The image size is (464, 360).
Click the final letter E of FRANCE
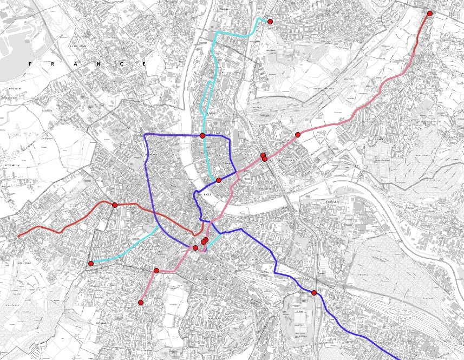(145, 64)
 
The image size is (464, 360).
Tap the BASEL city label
(206, 193)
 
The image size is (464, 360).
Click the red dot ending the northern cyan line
(270, 22)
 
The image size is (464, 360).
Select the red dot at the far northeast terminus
(429, 14)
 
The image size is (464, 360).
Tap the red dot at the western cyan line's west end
(91, 264)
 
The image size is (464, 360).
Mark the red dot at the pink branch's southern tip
(141, 303)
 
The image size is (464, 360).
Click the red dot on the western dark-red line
(115, 205)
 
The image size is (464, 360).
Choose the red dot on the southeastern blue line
(314, 293)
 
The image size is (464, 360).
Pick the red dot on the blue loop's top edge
(202, 135)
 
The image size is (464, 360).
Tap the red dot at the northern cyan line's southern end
(219, 180)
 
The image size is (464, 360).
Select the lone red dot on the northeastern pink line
(298, 135)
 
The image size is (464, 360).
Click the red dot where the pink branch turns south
(156, 270)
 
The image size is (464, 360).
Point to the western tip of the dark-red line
(19, 236)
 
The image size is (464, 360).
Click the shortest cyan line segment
(213, 240)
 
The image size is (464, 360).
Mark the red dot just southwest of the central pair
(195, 247)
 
